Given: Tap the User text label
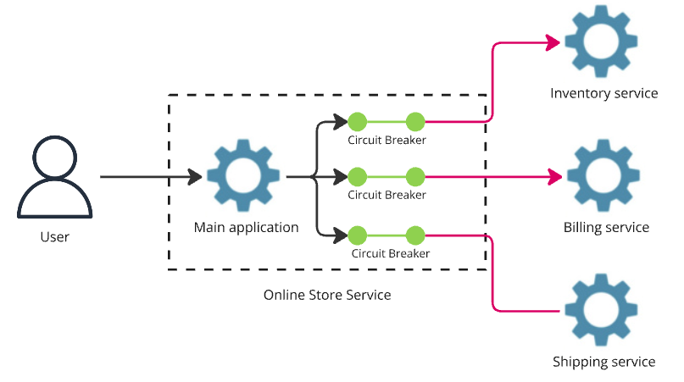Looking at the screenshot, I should point(54,237).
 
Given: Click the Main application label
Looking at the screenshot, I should point(246,227).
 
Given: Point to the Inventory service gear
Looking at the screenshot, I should point(601,42).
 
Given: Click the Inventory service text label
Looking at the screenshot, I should point(603,93).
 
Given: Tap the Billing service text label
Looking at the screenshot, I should point(606,227).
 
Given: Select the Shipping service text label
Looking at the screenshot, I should point(603,362).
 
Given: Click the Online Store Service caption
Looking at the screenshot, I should point(327,295).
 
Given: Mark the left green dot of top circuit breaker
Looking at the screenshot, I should point(357,121).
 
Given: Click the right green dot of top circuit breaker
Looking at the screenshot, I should point(415,121).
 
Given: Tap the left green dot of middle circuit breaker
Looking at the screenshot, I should point(357,177).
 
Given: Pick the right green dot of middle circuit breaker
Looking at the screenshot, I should point(415,177).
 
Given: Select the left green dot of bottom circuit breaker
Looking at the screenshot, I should point(357,235).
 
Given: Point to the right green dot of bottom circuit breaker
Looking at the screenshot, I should point(415,235).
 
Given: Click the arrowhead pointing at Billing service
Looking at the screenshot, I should point(554,176).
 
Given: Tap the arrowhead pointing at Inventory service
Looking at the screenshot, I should point(553,42).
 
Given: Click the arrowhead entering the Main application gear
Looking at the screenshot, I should point(194,177).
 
